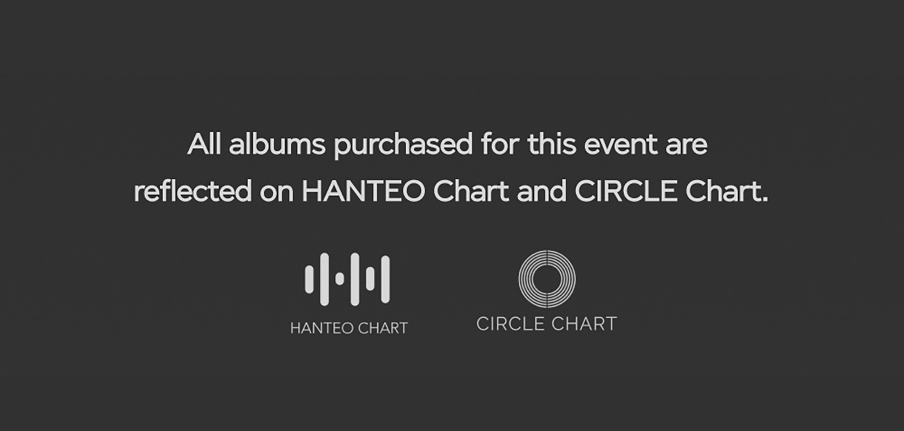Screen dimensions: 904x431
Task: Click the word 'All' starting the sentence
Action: [204, 144]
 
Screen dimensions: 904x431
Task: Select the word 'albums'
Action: [277, 144]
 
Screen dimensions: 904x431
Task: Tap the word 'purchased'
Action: [403, 145]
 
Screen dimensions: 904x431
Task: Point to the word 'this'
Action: [552, 144]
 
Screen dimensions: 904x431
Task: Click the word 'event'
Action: [621, 145]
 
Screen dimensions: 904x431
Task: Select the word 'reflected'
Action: [193, 191]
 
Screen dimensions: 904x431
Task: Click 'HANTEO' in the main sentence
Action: [363, 191]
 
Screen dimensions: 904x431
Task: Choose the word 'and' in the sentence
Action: [541, 191]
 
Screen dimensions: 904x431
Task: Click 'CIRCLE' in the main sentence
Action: [626, 191]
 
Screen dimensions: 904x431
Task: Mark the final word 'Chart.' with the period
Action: [726, 191]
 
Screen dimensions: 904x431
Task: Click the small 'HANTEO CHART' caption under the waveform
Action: [349, 328]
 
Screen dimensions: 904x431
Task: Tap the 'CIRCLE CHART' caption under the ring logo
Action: [547, 324]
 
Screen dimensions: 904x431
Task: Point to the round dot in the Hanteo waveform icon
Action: [340, 279]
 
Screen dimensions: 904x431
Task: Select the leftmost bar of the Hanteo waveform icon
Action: [309, 279]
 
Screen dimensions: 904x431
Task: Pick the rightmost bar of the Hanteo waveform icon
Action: [385, 279]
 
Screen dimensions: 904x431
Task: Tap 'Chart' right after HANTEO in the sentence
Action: [471, 191]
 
